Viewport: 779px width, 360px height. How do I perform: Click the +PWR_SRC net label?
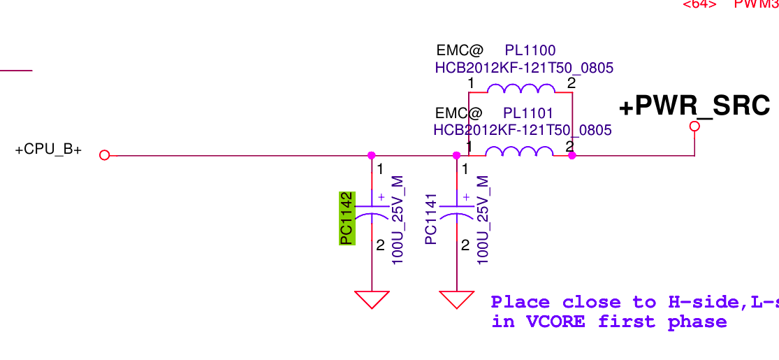click(x=694, y=106)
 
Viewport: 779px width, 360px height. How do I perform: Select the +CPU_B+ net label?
click(x=48, y=150)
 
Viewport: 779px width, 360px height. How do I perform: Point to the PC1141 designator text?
click(x=431, y=219)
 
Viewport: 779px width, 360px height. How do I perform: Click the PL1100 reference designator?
click(x=530, y=50)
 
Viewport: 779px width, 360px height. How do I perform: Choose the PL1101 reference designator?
click(x=528, y=113)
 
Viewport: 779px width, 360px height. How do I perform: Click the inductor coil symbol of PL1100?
click(x=521, y=89)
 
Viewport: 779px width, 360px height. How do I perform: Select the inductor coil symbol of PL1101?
click(x=520, y=152)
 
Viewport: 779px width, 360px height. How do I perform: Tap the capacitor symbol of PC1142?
click(x=372, y=211)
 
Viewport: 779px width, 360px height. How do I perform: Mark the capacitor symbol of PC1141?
click(x=457, y=211)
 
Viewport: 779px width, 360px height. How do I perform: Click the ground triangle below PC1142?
click(x=372, y=298)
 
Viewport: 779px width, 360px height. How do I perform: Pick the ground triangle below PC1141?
click(x=457, y=298)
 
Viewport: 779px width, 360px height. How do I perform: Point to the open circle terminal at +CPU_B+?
click(x=105, y=155)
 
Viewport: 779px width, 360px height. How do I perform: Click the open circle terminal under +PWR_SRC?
click(x=694, y=127)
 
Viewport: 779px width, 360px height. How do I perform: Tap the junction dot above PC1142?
click(x=372, y=155)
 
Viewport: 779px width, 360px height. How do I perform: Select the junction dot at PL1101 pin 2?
click(x=572, y=155)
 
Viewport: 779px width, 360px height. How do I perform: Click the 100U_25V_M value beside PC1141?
click(x=482, y=219)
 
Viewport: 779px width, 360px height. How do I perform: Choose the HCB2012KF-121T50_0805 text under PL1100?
click(x=524, y=68)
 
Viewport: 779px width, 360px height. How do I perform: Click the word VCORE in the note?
click(x=555, y=322)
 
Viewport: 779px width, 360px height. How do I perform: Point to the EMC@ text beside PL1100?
click(x=460, y=50)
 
